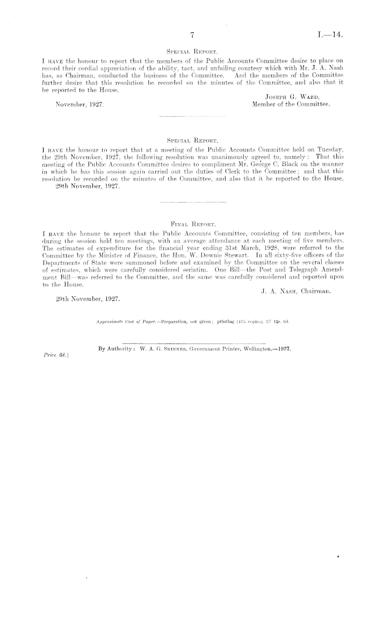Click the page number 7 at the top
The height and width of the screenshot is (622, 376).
click(191, 35)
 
